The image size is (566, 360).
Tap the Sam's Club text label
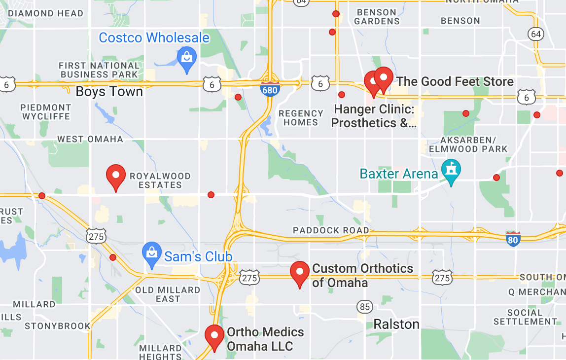click(198, 256)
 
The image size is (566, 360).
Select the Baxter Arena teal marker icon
click(451, 170)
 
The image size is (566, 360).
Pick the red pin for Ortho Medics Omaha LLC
click(214, 337)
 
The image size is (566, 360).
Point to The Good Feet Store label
click(455, 81)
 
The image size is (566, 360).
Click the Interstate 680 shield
click(270, 89)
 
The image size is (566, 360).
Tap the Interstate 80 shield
click(513, 240)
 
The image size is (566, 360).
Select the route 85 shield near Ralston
click(365, 307)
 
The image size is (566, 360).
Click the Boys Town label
click(109, 92)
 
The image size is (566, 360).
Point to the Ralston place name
click(396, 324)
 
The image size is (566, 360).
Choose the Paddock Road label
click(331, 230)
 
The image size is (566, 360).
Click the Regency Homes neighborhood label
click(301, 118)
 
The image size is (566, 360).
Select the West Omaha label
click(90, 139)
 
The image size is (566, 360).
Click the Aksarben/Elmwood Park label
click(468, 144)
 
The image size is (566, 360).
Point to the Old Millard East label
click(168, 294)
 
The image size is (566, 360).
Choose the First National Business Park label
click(100, 70)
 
